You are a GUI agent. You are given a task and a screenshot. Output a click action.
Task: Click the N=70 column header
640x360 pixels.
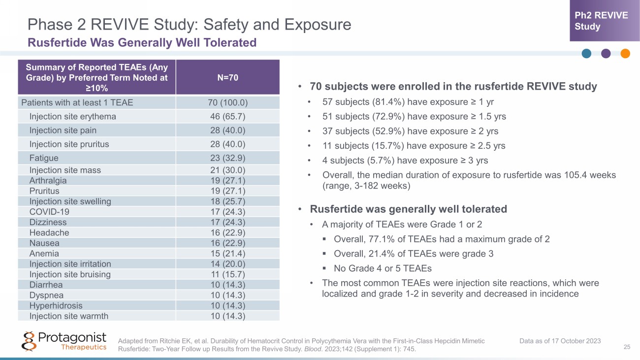click(227, 77)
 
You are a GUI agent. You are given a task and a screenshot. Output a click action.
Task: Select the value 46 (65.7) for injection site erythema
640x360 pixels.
click(227, 117)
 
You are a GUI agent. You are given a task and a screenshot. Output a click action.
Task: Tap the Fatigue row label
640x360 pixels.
click(44, 158)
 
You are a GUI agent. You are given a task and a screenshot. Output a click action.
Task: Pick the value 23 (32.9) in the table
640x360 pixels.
click(227, 158)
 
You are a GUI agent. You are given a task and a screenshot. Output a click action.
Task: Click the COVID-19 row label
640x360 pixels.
click(49, 212)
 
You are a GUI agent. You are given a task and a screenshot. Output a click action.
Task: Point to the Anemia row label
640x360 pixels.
click(44, 254)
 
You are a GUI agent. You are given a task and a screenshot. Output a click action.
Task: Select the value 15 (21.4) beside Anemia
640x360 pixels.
click(227, 254)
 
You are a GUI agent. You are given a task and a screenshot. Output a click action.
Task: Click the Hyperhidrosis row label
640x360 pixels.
click(56, 305)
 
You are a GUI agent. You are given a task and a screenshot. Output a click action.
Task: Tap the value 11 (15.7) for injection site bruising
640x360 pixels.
click(227, 274)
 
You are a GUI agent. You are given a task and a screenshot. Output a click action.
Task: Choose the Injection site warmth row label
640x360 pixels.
click(68, 316)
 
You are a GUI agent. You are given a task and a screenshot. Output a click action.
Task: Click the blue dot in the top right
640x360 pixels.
click(586, 54)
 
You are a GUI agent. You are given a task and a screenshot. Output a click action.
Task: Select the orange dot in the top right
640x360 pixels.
click(625, 54)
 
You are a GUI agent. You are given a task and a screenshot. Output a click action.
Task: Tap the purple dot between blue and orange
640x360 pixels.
click(606, 54)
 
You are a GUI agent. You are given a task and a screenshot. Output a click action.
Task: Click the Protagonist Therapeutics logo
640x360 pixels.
click(64, 341)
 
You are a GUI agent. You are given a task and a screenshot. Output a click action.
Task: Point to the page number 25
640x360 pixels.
click(627, 348)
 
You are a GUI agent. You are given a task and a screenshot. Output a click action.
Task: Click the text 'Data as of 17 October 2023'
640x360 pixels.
click(560, 341)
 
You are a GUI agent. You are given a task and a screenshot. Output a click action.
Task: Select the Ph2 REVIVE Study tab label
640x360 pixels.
click(601, 21)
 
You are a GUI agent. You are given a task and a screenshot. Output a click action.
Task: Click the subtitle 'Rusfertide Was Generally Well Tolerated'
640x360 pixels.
click(142, 43)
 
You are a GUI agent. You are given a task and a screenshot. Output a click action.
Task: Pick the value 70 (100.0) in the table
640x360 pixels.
click(227, 103)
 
